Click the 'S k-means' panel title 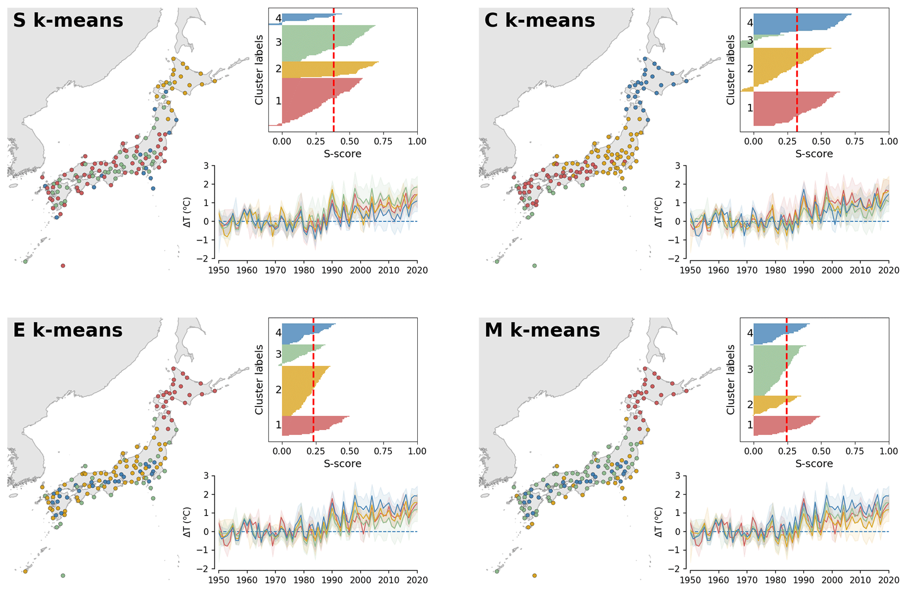(x=68, y=20)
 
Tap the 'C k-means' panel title (x=539, y=20)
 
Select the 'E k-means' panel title (x=68, y=330)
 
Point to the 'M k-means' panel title (x=542, y=330)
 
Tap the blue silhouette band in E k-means (x=303, y=333)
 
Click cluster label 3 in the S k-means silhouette (x=278, y=43)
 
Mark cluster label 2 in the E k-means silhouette (x=278, y=390)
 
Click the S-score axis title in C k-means (x=814, y=154)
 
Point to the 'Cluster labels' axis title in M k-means (x=731, y=380)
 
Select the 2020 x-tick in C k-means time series (x=889, y=270)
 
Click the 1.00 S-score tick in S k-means (x=417, y=141)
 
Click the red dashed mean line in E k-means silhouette (x=313, y=395)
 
